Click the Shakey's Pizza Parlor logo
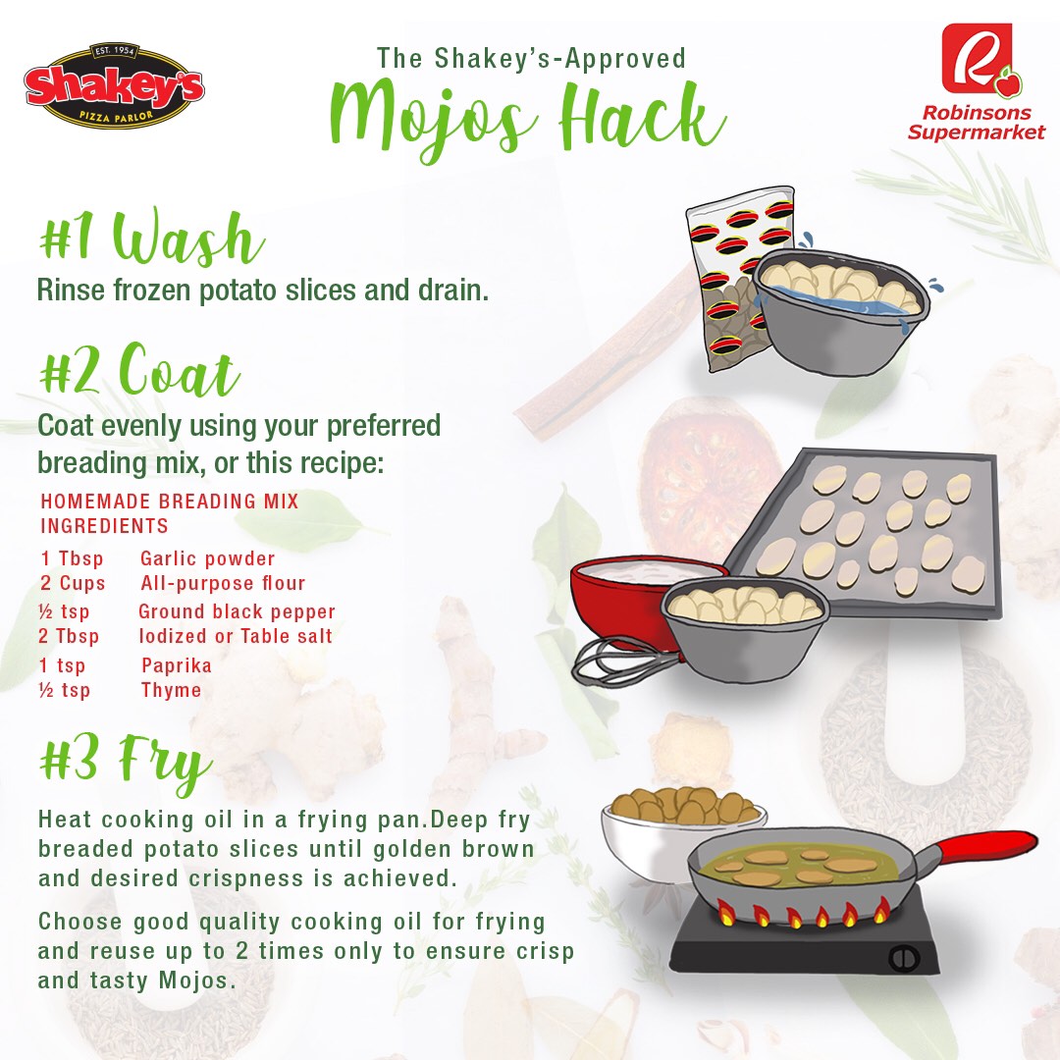click(x=114, y=86)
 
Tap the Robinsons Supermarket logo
click(x=977, y=82)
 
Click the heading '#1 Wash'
click(x=151, y=237)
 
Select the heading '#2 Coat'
click(x=139, y=370)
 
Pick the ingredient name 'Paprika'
click(x=177, y=665)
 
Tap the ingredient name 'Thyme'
click(x=171, y=690)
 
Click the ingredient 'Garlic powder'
click(x=207, y=558)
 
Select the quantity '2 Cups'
click(x=73, y=583)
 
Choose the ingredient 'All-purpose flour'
click(x=223, y=583)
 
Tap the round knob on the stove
click(x=904, y=958)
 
